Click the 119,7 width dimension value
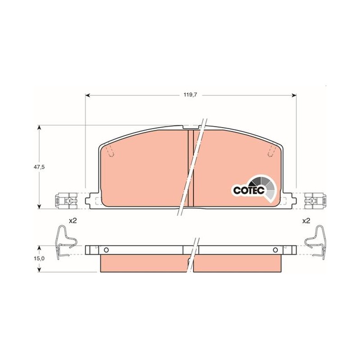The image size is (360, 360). (x=190, y=94)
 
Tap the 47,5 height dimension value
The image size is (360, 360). (x=40, y=167)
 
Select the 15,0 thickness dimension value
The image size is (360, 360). (x=40, y=258)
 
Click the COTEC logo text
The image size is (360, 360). (x=249, y=190)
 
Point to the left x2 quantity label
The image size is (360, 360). (x=73, y=221)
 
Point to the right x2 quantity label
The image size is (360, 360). (x=306, y=221)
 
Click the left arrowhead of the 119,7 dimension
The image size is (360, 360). (x=88, y=95)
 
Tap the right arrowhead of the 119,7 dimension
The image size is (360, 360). (x=294, y=95)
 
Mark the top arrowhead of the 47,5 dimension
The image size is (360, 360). (x=40, y=128)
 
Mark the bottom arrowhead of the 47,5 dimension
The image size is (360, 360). (x=40, y=206)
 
